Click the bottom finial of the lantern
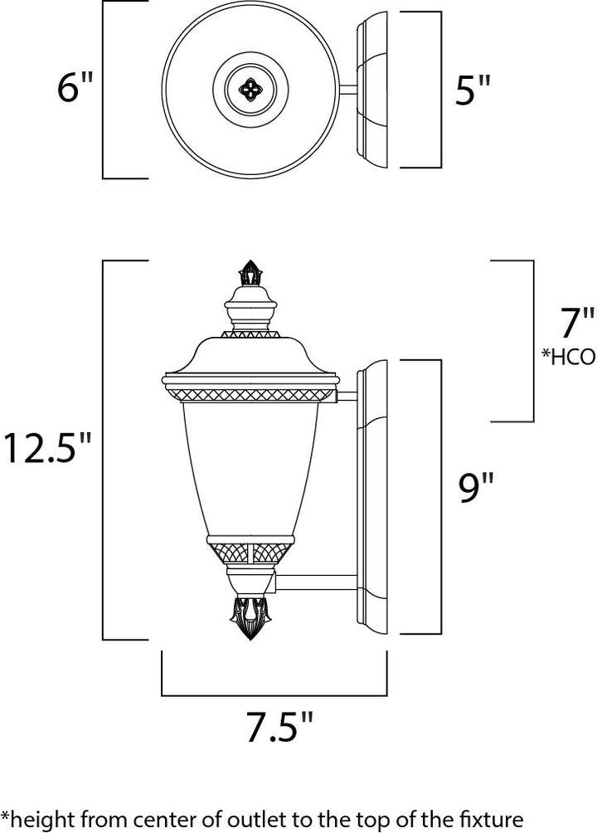250,618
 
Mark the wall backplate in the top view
373,90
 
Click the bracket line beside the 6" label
104,90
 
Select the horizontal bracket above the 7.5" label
274,693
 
